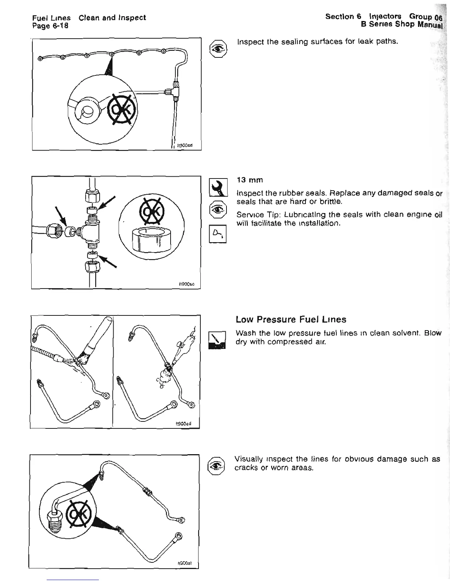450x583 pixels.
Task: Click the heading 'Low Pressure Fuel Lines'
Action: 291,319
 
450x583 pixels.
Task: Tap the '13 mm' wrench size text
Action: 250,180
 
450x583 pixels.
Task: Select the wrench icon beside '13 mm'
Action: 217,188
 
